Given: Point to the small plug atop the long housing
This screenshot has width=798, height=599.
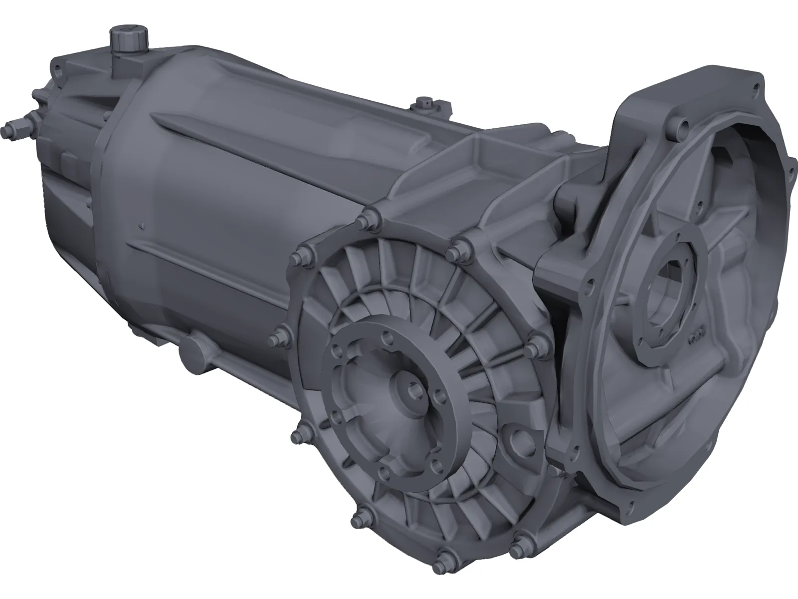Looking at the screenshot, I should [x=425, y=102].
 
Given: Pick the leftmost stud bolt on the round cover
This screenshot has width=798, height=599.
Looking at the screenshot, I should [x=276, y=340].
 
